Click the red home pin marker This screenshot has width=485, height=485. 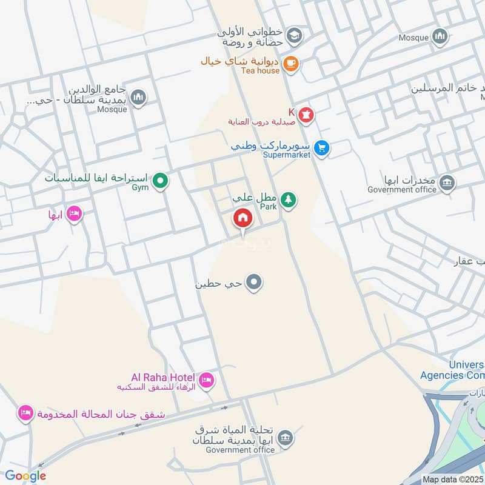point(243,218)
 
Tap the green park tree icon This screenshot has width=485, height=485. point(289,199)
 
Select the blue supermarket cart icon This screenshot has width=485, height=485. point(322,147)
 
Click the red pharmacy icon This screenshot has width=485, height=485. point(307,114)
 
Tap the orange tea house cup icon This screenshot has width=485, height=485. point(291,63)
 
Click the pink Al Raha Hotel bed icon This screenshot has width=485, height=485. point(206,380)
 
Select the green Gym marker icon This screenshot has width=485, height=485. point(160,180)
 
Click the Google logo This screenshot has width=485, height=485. point(25,476)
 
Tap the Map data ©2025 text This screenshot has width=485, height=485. point(452,479)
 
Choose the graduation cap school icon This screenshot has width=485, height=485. point(294,35)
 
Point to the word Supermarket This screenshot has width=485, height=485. point(286,155)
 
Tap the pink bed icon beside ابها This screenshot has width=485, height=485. point(74,214)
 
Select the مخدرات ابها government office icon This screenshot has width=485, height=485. point(447,182)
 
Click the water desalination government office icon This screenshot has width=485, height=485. point(285,436)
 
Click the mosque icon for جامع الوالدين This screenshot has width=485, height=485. point(139,98)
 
